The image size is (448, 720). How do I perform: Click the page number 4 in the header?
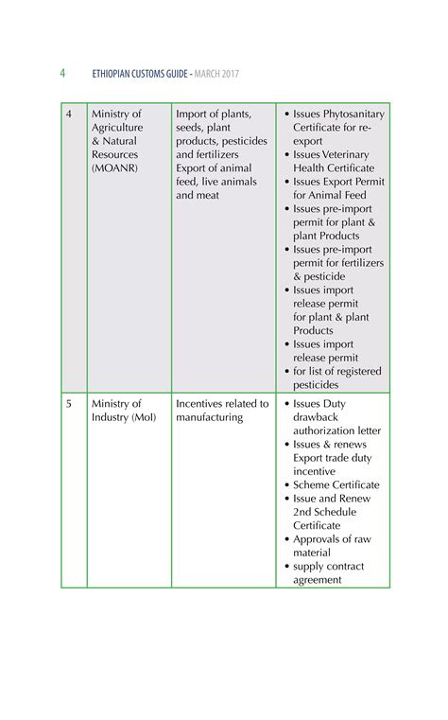(62, 73)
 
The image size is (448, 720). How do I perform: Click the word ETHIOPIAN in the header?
(116, 74)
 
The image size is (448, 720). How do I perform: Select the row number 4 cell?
(69, 114)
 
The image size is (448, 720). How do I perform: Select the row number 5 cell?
(69, 404)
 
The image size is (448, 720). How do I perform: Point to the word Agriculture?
(117, 128)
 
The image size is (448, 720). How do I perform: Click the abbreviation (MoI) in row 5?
(145, 417)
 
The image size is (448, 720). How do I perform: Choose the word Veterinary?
(347, 155)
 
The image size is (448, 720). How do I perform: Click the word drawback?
(316, 417)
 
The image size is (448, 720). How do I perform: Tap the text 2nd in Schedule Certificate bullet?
(303, 512)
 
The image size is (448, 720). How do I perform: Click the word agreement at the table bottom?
(318, 580)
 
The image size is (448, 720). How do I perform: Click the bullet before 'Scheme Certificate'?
(287, 485)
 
